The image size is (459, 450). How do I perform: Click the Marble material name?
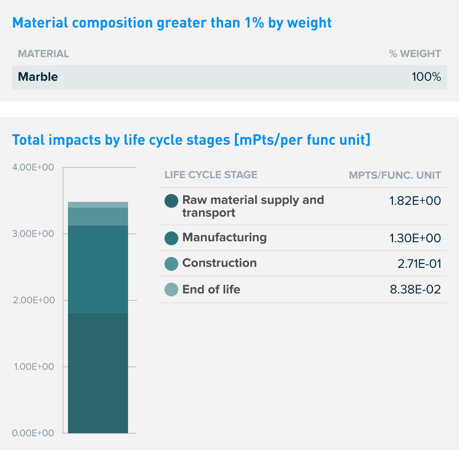tap(38, 77)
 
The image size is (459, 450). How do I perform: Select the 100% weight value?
tap(426, 77)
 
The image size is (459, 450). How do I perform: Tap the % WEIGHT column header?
tap(415, 54)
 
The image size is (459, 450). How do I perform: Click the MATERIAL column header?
tap(43, 54)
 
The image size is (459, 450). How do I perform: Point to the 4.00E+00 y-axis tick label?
tap(33, 167)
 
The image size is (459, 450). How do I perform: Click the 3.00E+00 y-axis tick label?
tap(33, 234)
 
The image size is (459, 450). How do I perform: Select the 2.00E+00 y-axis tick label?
tap(33, 300)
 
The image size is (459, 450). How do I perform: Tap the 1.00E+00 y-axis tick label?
tap(33, 367)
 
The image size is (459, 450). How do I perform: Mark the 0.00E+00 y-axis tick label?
tap(33, 433)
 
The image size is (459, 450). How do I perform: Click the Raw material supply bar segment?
tap(98, 373)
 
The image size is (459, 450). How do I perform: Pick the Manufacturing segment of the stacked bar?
tap(98, 269)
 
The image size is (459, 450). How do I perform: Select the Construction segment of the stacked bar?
tap(98, 217)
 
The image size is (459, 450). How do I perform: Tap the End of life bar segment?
tap(98, 205)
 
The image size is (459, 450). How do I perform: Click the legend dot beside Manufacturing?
tap(171, 238)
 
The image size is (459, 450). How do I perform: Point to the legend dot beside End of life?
tap(171, 289)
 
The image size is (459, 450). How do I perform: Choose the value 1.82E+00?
tap(415, 200)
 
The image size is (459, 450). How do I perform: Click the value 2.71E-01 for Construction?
tap(419, 264)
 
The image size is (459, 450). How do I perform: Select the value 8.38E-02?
tap(415, 289)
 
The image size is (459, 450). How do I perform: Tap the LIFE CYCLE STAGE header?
tap(211, 175)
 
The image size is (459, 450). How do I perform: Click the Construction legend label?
tap(219, 263)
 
